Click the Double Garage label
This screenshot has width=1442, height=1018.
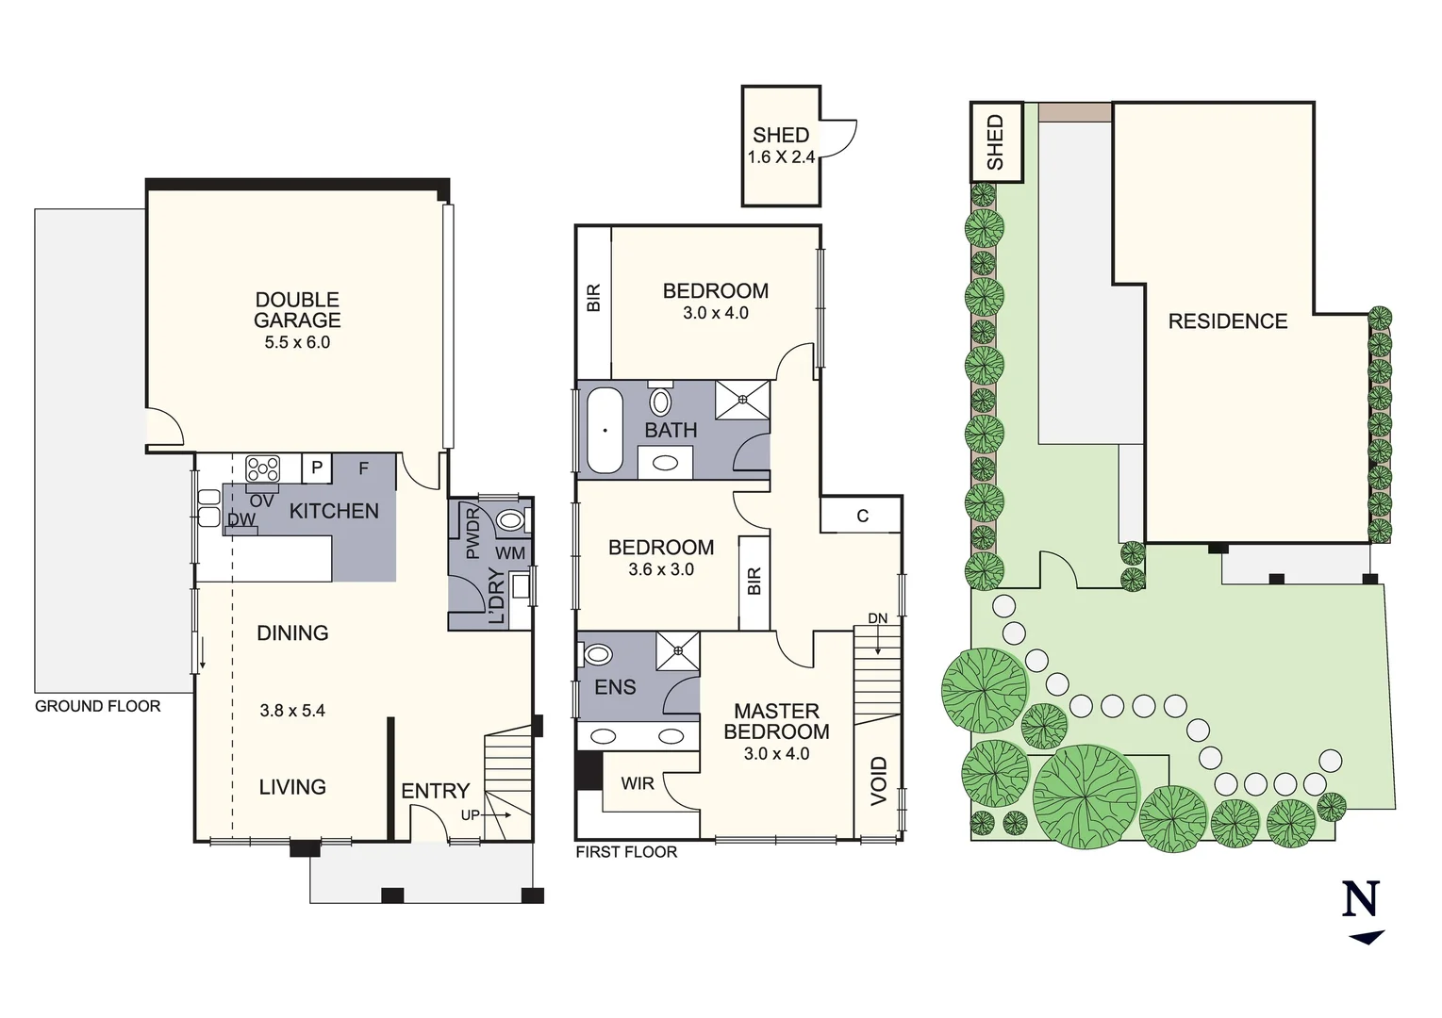(297, 310)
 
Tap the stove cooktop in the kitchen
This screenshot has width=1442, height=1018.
(262, 468)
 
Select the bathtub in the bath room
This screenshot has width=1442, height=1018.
(605, 430)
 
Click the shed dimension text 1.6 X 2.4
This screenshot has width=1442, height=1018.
(781, 157)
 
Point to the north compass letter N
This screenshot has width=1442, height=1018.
(1361, 899)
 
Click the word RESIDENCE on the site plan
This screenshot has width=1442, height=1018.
(1227, 321)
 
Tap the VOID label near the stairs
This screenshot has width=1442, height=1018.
(879, 780)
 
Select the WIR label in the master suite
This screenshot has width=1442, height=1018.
(638, 783)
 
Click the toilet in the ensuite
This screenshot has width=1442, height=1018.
(598, 654)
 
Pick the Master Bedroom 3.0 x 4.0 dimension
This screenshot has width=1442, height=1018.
(776, 753)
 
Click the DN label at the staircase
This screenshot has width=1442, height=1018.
(877, 618)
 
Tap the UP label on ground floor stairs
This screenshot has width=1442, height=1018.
(470, 815)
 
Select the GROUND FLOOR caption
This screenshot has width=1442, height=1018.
(98, 706)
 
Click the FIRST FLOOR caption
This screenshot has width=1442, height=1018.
(626, 852)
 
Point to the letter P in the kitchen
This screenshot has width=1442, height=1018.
(317, 468)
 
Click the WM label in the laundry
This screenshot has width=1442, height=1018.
(510, 553)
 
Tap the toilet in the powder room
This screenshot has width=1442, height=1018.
(511, 519)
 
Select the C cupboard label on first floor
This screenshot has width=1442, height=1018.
(862, 516)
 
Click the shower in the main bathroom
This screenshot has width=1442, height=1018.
(742, 399)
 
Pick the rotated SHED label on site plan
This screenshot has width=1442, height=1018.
(995, 142)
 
